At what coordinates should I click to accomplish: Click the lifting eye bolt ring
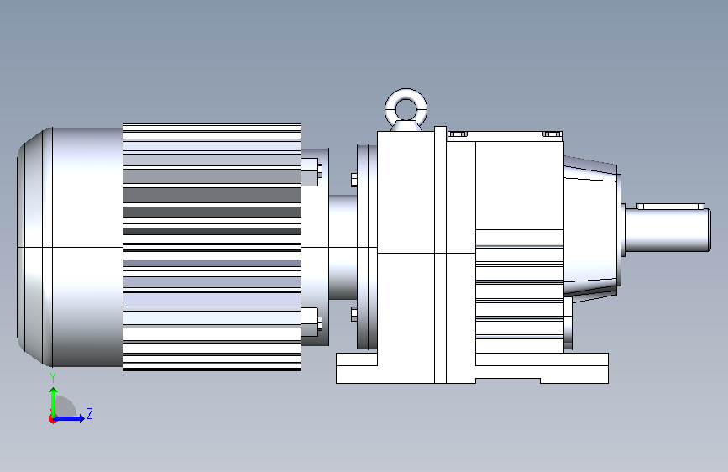[x=406, y=93]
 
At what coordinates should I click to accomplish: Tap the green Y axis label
[x=53, y=377]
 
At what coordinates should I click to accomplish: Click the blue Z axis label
[x=90, y=413]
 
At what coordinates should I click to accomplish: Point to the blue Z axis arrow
[x=70, y=418]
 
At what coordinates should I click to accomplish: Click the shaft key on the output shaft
[x=671, y=207]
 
